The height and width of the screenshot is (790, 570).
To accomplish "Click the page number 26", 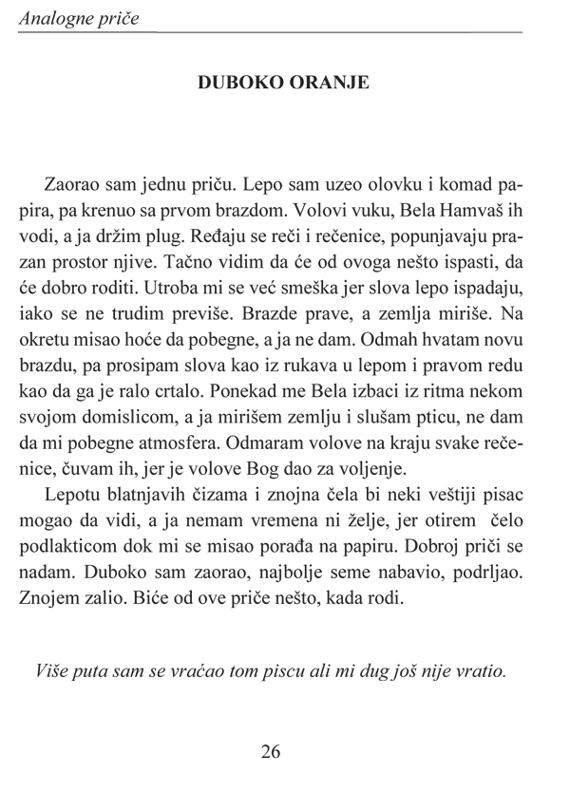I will click(x=270, y=752).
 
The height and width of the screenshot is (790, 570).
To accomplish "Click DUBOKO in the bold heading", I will click(x=237, y=82).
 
